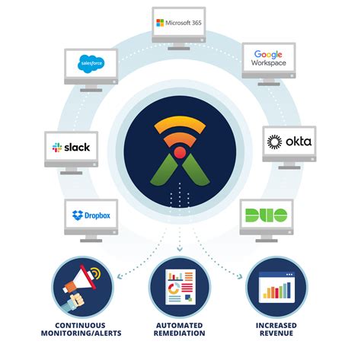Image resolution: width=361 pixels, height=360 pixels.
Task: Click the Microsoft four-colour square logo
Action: click(x=160, y=23)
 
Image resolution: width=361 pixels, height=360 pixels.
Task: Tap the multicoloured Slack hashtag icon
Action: click(x=56, y=147)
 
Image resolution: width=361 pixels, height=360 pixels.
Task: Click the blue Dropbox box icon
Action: click(x=78, y=216)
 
